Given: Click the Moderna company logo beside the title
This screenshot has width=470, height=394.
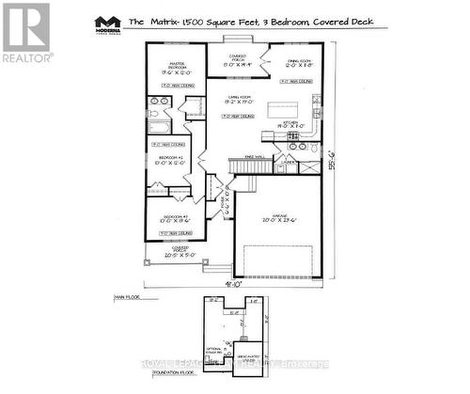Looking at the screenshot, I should [110, 24].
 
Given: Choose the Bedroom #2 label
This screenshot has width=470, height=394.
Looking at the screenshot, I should [171, 159].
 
